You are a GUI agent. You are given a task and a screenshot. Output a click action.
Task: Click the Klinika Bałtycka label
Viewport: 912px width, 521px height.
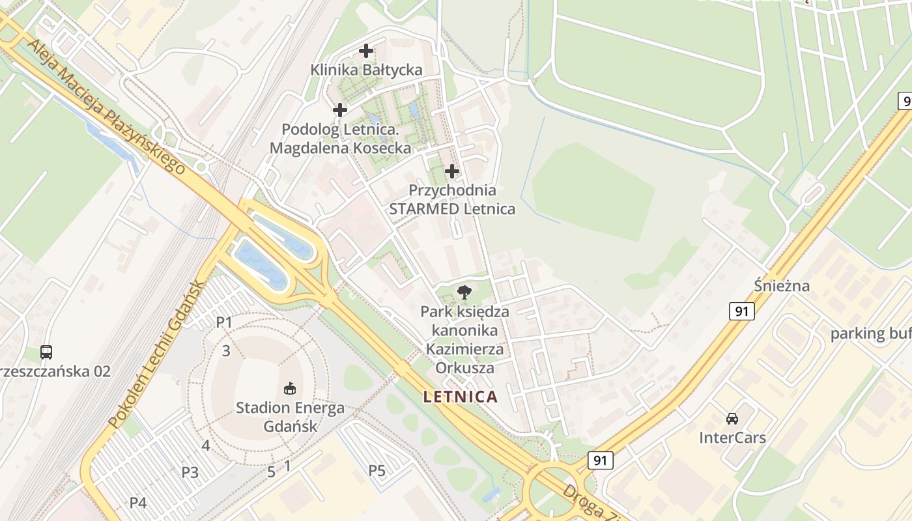point(366,70)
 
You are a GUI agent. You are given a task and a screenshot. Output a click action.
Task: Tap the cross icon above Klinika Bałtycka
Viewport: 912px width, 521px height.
point(366,50)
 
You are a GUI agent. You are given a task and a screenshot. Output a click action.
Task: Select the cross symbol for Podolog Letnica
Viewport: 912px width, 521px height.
point(340,110)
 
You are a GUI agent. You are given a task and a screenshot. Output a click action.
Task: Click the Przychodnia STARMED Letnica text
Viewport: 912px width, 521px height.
point(451,199)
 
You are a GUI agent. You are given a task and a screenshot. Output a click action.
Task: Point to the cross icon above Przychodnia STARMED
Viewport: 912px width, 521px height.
point(451,171)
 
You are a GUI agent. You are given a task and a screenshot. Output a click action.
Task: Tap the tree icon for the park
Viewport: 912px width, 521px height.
point(464,292)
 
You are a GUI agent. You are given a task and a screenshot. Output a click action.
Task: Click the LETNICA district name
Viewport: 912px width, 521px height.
point(461,397)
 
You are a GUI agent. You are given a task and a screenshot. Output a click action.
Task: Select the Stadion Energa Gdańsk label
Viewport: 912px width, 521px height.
point(290,417)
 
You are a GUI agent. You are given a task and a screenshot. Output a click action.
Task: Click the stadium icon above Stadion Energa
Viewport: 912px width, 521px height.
point(290,389)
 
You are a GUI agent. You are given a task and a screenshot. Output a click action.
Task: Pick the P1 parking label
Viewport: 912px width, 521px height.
point(224,322)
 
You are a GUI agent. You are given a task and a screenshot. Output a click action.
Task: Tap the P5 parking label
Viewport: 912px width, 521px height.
point(377,470)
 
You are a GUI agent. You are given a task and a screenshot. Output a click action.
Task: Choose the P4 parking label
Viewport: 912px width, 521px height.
point(138,503)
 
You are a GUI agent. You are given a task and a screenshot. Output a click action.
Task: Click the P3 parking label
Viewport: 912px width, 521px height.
point(190,472)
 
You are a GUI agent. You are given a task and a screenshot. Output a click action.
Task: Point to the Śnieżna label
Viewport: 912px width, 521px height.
point(782,285)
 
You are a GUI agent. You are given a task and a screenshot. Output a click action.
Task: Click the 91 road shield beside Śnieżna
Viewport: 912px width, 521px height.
point(741,311)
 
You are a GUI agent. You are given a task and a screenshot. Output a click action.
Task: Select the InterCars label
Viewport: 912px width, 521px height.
point(732,437)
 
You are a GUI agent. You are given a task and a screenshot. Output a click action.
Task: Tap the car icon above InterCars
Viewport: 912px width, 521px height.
point(732,418)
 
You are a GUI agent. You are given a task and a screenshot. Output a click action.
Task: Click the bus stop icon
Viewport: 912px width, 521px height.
point(46,352)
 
